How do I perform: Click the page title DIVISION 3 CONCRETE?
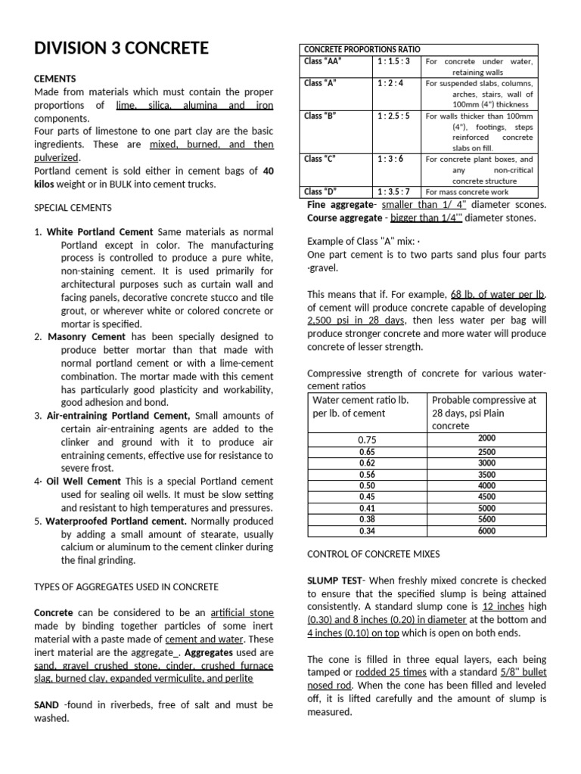click(121, 49)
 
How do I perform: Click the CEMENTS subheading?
click(55, 78)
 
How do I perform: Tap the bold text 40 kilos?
click(268, 172)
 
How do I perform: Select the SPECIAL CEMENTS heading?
click(73, 207)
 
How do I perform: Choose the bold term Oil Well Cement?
click(83, 481)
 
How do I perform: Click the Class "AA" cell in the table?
click(320, 61)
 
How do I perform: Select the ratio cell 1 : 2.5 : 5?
click(393, 116)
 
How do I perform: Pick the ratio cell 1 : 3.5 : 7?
click(393, 192)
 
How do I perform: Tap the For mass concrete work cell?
click(466, 192)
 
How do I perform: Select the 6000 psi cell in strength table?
click(486, 531)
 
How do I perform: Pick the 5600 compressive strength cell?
click(486, 519)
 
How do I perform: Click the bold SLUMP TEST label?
click(335, 579)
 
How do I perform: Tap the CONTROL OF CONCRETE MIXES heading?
click(372, 554)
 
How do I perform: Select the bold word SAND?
click(48, 705)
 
